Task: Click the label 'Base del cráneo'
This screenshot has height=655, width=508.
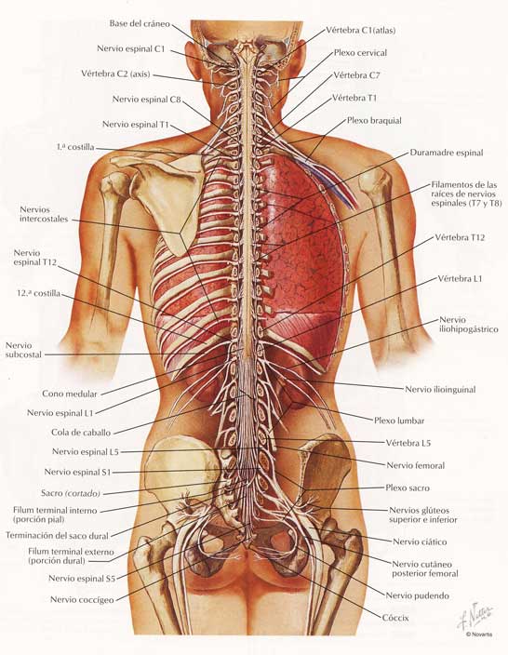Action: [x=140, y=23]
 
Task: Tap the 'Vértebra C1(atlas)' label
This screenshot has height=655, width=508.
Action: [x=360, y=30]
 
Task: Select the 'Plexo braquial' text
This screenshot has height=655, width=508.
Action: [x=374, y=121]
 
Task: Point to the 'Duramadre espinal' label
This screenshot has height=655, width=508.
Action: [x=447, y=153]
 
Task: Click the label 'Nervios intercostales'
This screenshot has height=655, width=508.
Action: [x=44, y=214]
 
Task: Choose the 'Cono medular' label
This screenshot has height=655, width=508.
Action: [x=70, y=394]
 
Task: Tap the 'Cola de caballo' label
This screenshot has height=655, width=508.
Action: [x=81, y=433]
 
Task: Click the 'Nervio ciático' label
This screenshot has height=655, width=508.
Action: [x=420, y=541]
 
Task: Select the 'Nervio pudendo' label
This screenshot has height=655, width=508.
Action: [x=418, y=595]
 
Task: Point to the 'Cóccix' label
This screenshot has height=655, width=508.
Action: [x=395, y=618]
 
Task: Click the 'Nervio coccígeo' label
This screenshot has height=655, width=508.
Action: [x=82, y=600]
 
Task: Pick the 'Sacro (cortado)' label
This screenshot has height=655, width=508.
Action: [x=71, y=493]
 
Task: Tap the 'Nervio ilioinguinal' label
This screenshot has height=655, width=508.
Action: [x=440, y=389]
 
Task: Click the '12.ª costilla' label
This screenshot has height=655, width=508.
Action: [x=38, y=293]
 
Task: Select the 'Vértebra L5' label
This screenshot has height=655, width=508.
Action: [x=408, y=443]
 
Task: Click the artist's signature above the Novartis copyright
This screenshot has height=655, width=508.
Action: [x=475, y=616]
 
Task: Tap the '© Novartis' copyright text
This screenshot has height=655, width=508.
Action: [x=479, y=635]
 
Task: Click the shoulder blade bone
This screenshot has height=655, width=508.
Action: [x=167, y=196]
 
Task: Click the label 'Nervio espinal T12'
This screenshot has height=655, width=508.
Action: [x=34, y=258]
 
